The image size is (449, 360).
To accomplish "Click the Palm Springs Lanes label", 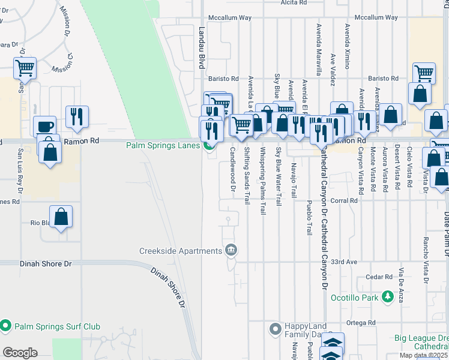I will pos(163,145).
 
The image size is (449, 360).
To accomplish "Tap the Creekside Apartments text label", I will pos(180,251).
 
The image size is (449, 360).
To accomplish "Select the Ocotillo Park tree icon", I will pos(388,297).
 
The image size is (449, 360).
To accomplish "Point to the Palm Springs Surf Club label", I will pos(56,326).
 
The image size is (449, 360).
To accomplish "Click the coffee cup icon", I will pos(44,126).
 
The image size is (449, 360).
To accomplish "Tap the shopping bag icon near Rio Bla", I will pos(61,216).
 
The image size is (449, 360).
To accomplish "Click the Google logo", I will pos(20,353).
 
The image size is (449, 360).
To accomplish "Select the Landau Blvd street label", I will pos(202,47).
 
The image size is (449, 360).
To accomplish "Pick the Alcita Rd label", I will pos(294,2).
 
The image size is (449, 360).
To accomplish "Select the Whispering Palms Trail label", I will pos(262,181).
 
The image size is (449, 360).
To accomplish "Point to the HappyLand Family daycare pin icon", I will pos(276,329).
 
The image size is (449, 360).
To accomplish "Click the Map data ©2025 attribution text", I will pos(423,355).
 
